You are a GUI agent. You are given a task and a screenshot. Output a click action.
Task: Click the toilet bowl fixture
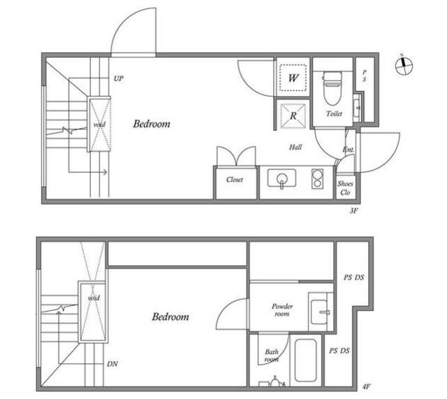pos(332,88)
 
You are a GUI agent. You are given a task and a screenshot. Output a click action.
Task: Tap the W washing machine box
pos(293,78)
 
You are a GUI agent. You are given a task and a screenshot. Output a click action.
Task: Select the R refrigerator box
pos(293,115)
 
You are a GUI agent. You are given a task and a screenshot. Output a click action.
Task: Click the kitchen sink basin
pos(281,178)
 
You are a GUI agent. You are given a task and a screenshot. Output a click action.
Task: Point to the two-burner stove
pos(317,179)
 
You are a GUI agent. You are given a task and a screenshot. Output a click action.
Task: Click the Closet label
pos(235,180)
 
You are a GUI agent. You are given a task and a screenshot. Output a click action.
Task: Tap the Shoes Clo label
pos(345,188)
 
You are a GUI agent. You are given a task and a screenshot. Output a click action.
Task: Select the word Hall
pos(295,147)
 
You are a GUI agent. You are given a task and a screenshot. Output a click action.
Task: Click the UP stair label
pos(119,78)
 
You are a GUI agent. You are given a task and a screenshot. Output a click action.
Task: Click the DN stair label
pos(112,364)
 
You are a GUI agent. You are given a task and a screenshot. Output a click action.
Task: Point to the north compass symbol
pos(404,66)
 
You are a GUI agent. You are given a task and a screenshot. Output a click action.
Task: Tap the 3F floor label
pos(353,211)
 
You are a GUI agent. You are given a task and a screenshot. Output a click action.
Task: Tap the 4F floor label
pos(366,386)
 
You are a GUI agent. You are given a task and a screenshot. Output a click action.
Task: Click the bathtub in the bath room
pos(306,360)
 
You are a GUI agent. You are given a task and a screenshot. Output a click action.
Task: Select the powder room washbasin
pos(320,311)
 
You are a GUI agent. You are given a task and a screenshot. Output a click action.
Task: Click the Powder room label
pos(282,310)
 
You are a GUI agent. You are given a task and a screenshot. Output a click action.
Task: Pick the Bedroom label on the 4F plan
pos(170,316)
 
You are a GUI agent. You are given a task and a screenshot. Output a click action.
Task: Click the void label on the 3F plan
pos(99,125)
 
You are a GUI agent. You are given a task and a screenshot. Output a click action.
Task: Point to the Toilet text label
pos(334,114)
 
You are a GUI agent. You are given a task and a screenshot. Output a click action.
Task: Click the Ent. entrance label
pos(349,150)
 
